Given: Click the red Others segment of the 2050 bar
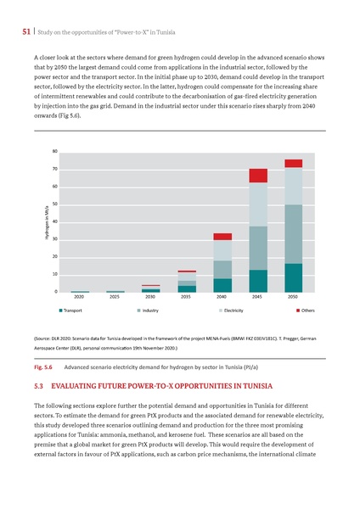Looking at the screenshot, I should tap(293, 164).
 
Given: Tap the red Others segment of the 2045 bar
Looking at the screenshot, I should tap(258, 176).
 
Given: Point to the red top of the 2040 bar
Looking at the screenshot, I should tap(222, 237).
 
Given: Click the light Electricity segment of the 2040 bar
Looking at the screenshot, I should tap(222, 250).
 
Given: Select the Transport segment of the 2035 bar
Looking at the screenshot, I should tap(187, 288).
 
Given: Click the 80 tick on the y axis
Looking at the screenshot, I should tap(55, 152).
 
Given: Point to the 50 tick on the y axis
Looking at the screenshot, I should tap(55, 204).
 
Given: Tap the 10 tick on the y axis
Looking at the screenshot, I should tap(55, 274).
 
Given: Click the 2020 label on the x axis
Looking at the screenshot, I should tap(79, 298).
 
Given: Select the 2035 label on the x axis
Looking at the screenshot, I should tap(186, 298).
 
